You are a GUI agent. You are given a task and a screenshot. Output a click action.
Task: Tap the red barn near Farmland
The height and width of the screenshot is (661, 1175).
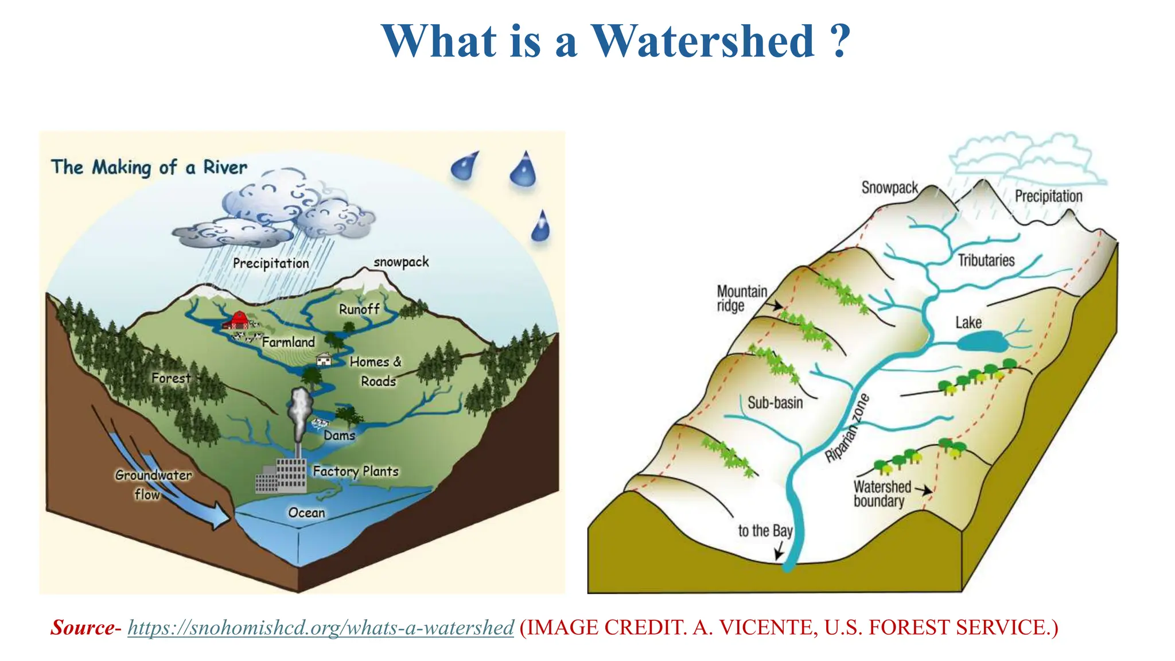(237, 320)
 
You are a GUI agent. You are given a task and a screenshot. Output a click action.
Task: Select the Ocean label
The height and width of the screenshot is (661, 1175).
(306, 512)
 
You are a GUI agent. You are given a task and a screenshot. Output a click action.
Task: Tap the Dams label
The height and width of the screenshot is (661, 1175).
(339, 436)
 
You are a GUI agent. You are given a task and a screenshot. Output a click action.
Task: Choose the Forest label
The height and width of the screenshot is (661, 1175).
(171, 378)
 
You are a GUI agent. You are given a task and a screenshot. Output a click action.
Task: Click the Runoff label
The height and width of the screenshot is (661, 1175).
(359, 309)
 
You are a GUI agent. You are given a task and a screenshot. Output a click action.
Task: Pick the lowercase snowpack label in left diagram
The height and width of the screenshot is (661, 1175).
(401, 262)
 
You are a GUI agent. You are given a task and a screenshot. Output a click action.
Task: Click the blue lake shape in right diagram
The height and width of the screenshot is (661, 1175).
(982, 343)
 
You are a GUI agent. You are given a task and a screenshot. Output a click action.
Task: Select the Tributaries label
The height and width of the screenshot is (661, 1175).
(986, 260)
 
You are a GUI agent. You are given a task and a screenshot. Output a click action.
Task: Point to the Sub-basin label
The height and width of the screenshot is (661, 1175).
(775, 403)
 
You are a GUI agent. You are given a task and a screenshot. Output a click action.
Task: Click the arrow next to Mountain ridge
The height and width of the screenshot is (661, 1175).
(775, 305)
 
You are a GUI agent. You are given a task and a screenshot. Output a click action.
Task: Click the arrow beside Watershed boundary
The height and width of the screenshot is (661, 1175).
(924, 490)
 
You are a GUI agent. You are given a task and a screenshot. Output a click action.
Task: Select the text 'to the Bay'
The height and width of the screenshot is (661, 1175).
(765, 531)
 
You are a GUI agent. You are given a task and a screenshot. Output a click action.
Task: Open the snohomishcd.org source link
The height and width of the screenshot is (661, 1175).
(320, 628)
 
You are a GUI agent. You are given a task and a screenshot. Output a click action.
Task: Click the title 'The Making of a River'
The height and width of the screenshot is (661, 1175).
(149, 168)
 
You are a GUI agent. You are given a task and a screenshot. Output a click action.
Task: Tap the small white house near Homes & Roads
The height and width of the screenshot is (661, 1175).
(324, 359)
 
